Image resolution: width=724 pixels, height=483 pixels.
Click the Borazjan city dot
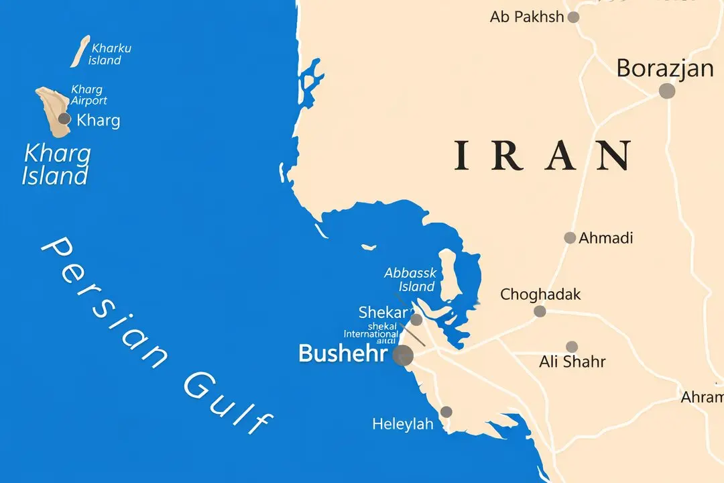click(x=666, y=91)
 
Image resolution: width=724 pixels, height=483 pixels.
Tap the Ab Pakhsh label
click(x=527, y=17)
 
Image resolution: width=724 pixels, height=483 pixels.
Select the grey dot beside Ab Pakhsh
click(x=573, y=17)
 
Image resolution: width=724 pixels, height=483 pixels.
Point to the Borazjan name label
click(x=665, y=68)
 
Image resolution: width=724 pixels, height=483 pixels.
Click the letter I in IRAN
click(x=461, y=155)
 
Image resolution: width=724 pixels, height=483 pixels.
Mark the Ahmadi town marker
click(x=570, y=237)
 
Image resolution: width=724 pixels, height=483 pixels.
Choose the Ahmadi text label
click(x=606, y=237)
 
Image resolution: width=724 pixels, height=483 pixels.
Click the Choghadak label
click(x=540, y=294)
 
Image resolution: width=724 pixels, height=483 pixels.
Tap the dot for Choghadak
click(x=540, y=311)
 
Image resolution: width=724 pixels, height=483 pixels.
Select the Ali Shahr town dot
click(x=571, y=347)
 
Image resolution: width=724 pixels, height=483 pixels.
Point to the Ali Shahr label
click(x=572, y=362)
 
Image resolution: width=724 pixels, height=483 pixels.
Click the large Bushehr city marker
click(x=403, y=356)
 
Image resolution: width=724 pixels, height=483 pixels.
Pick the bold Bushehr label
click(x=343, y=354)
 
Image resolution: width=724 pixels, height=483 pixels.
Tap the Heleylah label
click(x=403, y=424)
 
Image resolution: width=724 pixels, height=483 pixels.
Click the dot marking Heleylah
click(x=446, y=412)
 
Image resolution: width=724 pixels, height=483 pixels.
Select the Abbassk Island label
click(x=410, y=280)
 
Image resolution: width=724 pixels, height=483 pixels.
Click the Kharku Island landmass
click(x=80, y=51)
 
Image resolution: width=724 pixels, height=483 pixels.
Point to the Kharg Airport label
click(x=88, y=95)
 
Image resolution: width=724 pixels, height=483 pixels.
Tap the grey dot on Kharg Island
click(x=64, y=119)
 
